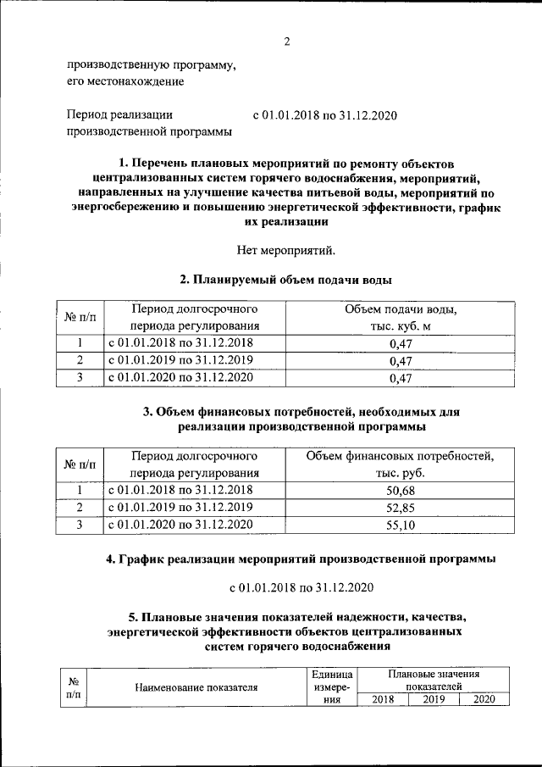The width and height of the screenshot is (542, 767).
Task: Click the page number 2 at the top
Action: (x=286, y=42)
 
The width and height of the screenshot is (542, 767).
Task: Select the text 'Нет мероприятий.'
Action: (x=286, y=249)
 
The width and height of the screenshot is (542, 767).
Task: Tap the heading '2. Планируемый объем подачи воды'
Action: (x=286, y=278)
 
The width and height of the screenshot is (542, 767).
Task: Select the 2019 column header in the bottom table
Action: (x=433, y=699)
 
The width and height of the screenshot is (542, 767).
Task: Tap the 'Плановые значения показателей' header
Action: (x=433, y=679)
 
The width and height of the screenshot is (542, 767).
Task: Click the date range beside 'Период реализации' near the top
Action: (x=325, y=114)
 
